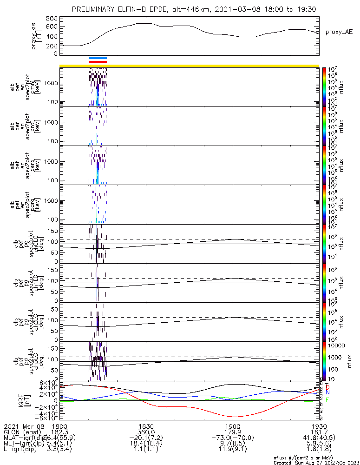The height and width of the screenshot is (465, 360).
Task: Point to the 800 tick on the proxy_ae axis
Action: tap(52, 19)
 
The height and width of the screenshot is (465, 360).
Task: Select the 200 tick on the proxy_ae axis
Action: tap(52, 46)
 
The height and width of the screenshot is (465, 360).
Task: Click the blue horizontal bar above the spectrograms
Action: tap(98, 58)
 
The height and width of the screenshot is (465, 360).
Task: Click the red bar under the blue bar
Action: tap(98, 61)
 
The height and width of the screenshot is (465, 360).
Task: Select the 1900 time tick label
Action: tap(232, 426)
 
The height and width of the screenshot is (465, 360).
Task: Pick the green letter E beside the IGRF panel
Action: tap(327, 400)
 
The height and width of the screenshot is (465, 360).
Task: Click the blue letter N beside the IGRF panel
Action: tap(327, 393)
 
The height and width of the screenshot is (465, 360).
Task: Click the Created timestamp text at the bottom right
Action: tap(316, 463)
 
